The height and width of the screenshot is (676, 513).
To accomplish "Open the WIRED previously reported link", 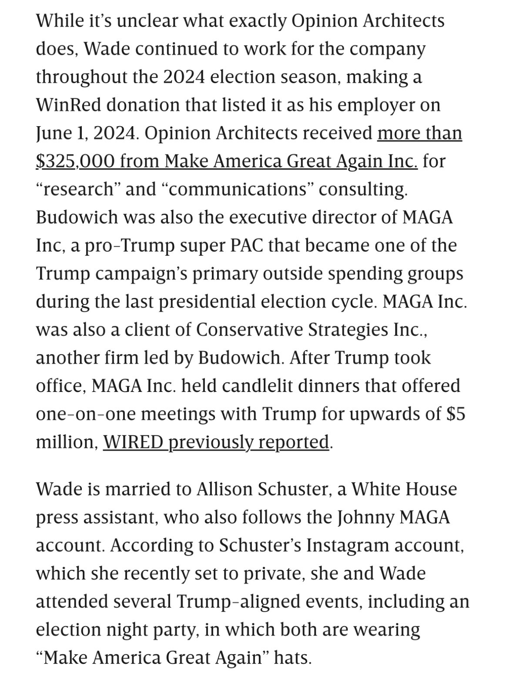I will pyautogui.click(x=216, y=442).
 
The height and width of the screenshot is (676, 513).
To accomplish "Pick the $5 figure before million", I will pyautogui.click(x=456, y=414).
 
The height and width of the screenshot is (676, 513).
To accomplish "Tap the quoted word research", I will pyautogui.click(x=78, y=189).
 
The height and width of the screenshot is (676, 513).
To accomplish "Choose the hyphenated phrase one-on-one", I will pyautogui.click(x=86, y=414).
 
